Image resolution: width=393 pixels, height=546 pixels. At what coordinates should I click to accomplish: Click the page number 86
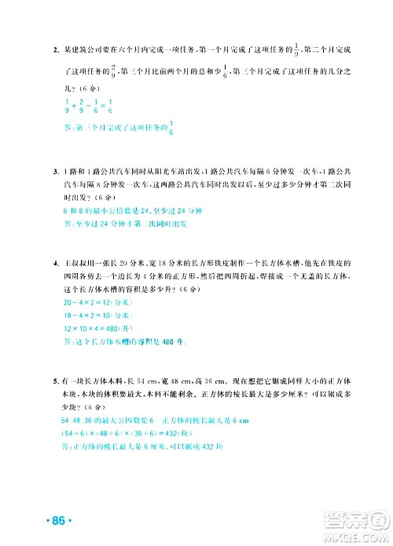click(60, 521)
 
